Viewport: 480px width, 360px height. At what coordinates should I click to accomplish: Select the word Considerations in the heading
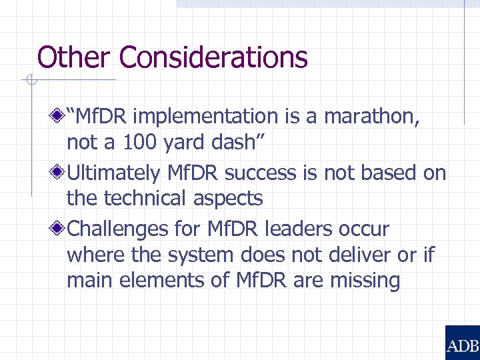click(213, 57)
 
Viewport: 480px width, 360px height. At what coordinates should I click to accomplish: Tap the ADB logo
click(462, 343)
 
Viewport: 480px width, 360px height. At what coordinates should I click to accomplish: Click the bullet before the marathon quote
click(60, 117)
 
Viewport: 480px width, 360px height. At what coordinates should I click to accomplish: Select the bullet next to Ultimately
click(60, 173)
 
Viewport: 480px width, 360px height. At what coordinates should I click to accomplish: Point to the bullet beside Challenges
click(60, 229)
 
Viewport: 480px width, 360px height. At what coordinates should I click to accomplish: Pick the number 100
click(135, 142)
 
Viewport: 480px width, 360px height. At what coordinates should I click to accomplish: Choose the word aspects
click(230, 198)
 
